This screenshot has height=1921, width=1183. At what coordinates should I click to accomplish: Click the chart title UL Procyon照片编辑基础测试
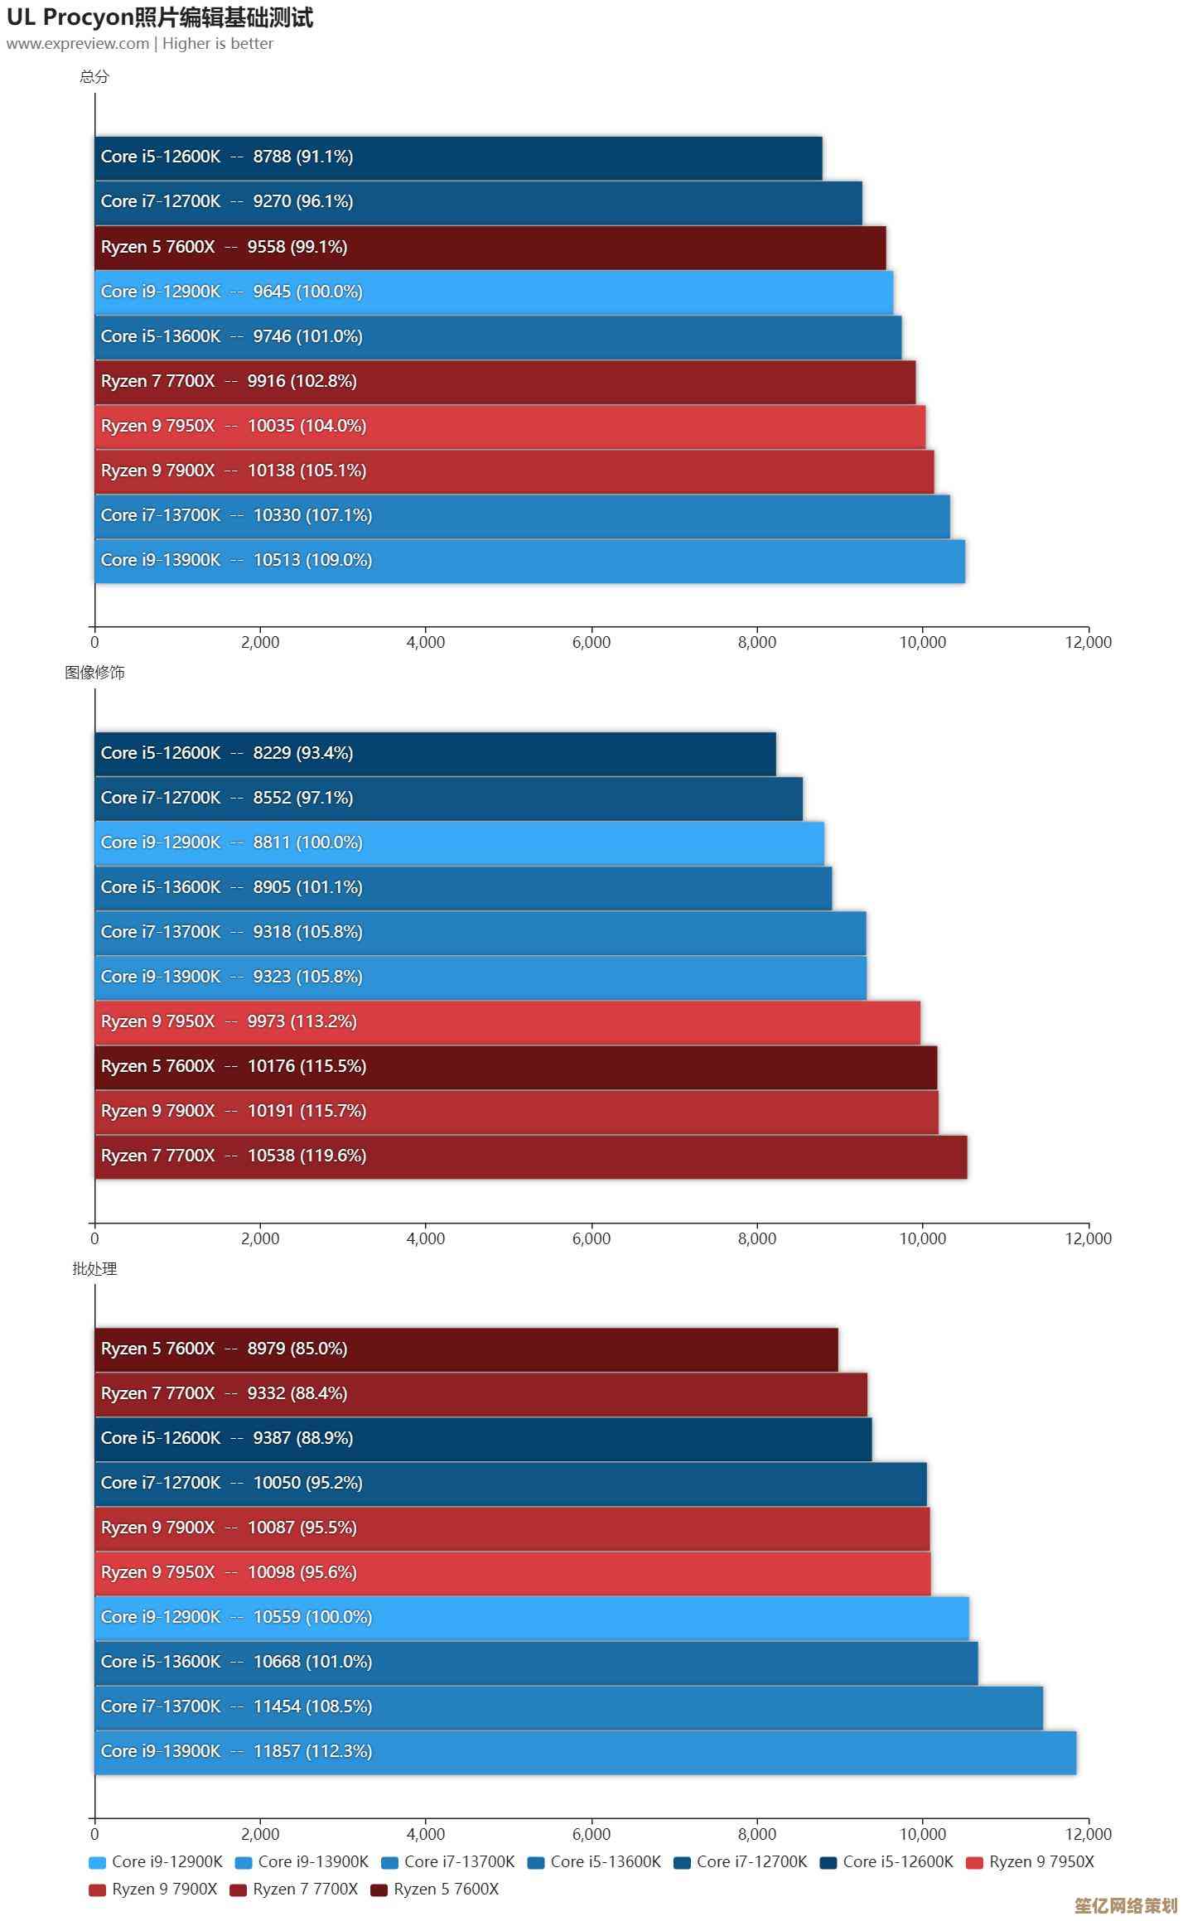(x=160, y=17)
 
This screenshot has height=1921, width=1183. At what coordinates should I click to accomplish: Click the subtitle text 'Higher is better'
(x=218, y=44)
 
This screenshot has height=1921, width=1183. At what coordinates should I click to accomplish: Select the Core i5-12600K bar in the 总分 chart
(x=458, y=157)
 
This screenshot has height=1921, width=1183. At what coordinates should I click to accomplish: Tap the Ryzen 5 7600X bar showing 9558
(x=490, y=247)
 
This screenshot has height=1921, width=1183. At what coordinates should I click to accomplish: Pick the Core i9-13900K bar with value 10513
(x=529, y=561)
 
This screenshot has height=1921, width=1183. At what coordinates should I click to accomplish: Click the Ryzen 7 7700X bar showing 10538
(x=530, y=1156)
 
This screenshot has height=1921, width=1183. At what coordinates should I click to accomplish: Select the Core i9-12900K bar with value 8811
(x=459, y=843)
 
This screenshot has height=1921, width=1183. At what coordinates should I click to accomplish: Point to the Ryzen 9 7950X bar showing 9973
(x=507, y=1022)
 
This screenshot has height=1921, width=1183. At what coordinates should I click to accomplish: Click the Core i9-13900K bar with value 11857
(x=585, y=1751)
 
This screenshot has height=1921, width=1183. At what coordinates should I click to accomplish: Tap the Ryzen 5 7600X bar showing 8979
(x=466, y=1349)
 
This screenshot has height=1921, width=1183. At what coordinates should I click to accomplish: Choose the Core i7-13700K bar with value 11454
(x=568, y=1706)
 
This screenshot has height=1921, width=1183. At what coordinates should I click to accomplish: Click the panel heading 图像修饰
(x=94, y=673)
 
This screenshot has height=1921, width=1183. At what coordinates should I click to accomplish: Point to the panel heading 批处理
(x=94, y=1269)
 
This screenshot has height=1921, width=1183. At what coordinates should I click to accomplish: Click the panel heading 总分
(x=94, y=77)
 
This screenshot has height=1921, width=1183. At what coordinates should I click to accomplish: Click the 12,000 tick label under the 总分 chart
(x=1088, y=642)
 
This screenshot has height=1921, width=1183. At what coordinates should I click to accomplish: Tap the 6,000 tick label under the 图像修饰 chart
(x=591, y=1238)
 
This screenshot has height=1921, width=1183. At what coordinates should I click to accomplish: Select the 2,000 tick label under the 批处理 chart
(x=260, y=1834)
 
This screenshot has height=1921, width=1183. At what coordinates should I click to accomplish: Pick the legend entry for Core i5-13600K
(x=594, y=1862)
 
